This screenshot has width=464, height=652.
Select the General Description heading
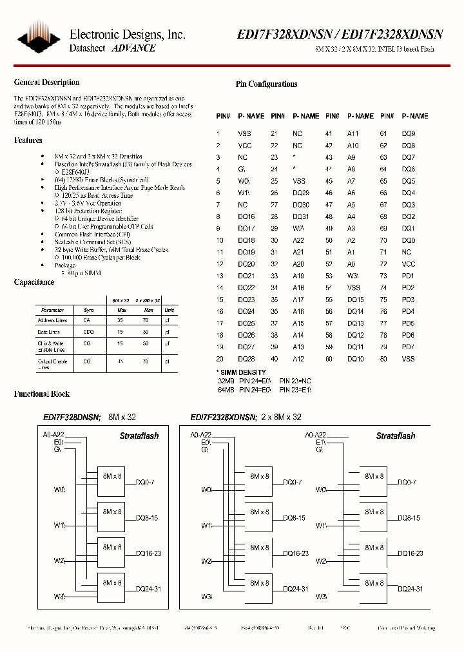tap(46, 82)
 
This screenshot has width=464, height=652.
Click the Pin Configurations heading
tap(266, 84)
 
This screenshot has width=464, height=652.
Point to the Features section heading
tap(28, 140)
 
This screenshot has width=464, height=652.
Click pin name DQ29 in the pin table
tap(301, 193)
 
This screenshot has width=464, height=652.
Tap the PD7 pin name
tap(408, 347)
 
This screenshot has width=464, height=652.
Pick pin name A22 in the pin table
tap(298, 240)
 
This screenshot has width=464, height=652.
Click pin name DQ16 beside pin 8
tap(245, 216)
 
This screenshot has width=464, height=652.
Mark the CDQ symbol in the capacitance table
tap(88, 332)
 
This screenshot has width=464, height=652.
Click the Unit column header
tap(169, 310)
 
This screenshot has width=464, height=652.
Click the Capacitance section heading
tap(34, 282)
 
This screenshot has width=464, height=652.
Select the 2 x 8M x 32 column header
tap(148, 301)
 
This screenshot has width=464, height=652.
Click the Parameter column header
tap(53, 310)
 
